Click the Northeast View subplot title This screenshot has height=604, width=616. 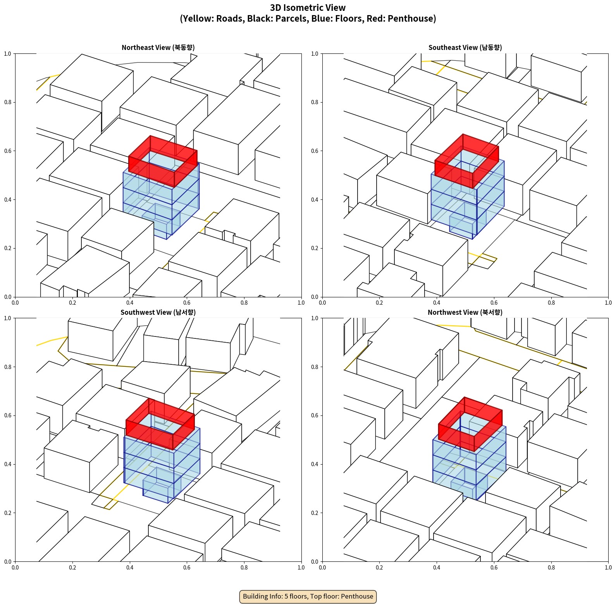(x=158, y=48)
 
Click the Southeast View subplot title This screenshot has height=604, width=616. (x=465, y=48)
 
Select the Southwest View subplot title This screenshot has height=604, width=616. (x=158, y=312)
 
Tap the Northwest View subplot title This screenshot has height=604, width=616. (x=465, y=312)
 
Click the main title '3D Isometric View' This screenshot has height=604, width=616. (x=308, y=8)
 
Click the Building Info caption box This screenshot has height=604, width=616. (x=308, y=596)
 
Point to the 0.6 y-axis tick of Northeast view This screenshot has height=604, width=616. (x=8, y=151)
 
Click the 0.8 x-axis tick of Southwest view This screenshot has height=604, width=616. (x=244, y=568)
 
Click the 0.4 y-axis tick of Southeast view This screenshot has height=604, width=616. (x=315, y=200)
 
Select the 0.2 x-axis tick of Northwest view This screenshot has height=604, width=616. (x=379, y=568)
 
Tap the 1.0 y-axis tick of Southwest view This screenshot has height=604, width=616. (x=8, y=318)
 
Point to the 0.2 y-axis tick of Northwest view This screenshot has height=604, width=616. (x=315, y=513)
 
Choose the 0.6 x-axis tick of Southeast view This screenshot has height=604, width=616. (x=494, y=303)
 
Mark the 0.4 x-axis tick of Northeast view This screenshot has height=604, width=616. (x=130, y=303)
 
